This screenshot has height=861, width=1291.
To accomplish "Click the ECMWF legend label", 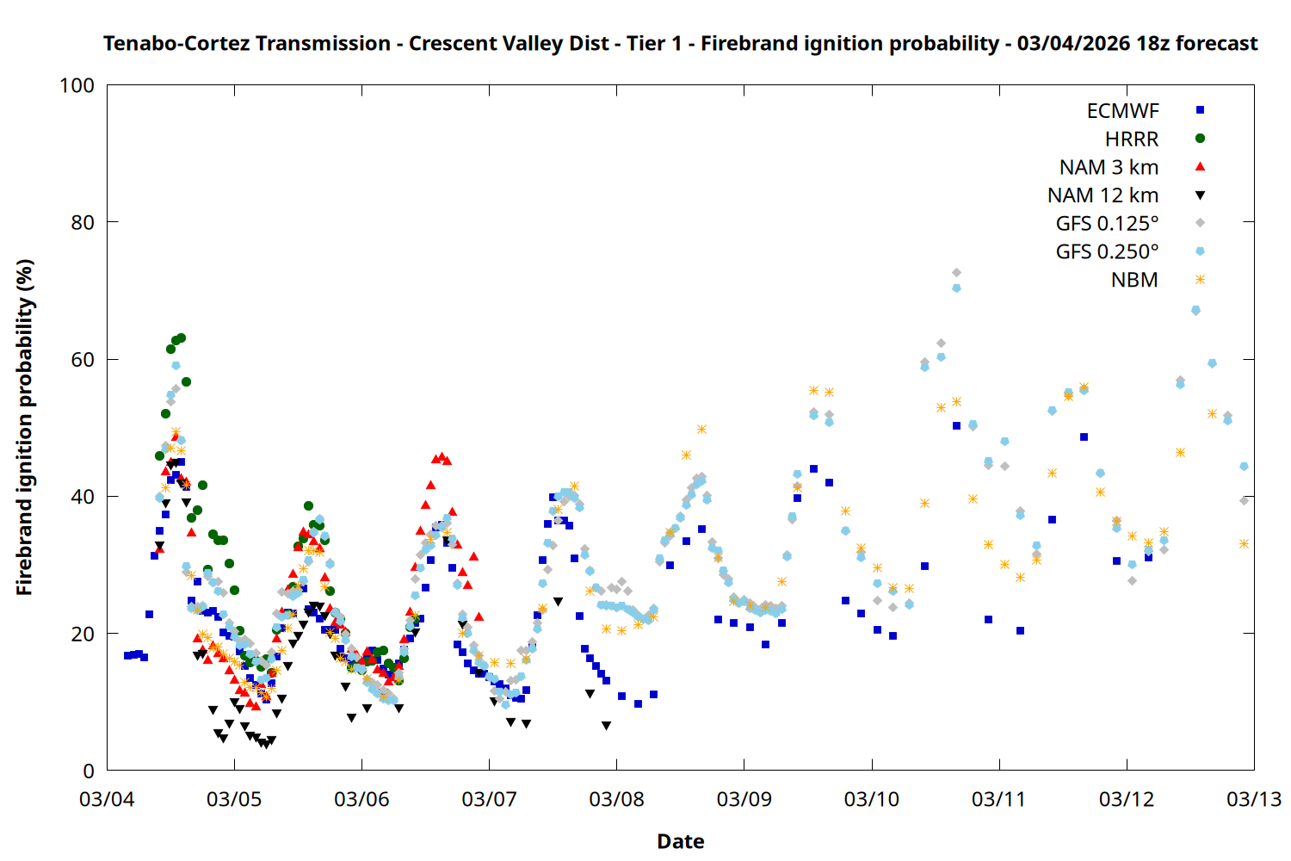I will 1122,111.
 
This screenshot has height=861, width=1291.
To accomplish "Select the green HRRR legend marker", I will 1200,139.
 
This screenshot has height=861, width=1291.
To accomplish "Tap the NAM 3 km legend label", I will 1109,167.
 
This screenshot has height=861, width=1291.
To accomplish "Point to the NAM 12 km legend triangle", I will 1200,195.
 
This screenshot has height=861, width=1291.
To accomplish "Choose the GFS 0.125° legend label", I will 1107,224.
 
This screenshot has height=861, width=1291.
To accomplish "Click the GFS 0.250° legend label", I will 1107,252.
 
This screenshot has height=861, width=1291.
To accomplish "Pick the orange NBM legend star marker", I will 1200,280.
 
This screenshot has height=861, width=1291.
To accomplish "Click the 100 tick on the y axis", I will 77,86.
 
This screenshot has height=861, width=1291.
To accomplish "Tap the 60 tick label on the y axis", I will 83,360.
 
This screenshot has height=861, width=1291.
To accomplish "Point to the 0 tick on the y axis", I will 89,771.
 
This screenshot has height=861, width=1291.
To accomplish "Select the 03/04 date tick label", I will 107,799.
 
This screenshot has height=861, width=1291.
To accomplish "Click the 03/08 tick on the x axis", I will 616,799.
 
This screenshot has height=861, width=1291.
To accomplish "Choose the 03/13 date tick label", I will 1254,799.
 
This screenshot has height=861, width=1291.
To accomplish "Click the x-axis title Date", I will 680,841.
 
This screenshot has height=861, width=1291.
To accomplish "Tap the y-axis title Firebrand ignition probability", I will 24,427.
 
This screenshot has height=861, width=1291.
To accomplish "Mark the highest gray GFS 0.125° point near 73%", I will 956,273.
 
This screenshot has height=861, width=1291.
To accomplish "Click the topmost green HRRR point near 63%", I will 181,338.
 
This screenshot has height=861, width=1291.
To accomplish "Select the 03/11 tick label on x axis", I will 998,799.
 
